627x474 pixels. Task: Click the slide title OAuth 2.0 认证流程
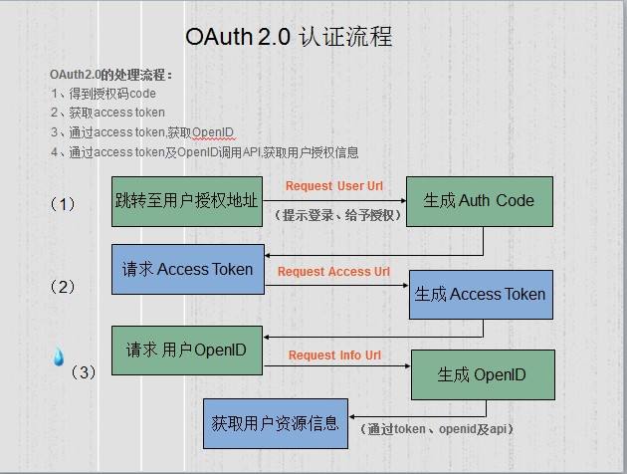click(289, 37)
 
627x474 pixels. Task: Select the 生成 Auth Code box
click(479, 201)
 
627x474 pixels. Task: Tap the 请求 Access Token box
click(187, 269)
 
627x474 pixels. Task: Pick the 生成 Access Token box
click(481, 294)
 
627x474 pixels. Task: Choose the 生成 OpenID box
click(482, 375)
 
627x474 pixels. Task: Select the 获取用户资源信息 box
click(276, 423)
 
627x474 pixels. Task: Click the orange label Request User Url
click(333, 186)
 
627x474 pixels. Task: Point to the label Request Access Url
click(333, 272)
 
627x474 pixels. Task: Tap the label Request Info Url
click(334, 355)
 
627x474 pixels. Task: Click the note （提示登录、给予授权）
click(336, 215)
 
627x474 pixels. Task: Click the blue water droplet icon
click(59, 357)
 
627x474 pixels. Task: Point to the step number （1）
click(63, 203)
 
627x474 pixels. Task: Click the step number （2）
click(63, 287)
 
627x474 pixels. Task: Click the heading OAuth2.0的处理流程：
click(110, 75)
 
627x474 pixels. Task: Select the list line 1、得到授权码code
click(103, 94)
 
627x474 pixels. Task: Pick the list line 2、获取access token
click(107, 113)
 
